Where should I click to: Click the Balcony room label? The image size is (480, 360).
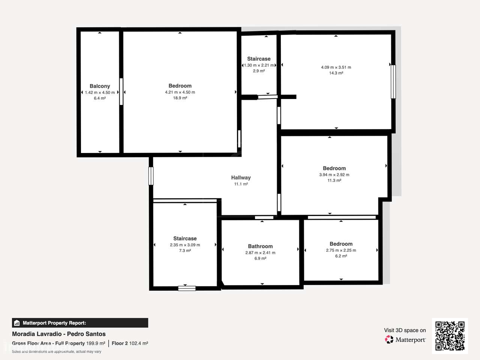click(100, 86)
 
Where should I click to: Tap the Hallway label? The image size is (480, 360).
click(241, 177)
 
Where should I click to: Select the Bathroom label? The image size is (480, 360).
click(260, 246)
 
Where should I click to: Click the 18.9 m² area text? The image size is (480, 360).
click(180, 98)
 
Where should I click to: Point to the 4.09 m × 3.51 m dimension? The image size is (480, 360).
click(336, 67)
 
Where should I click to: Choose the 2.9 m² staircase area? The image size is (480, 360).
click(259, 71)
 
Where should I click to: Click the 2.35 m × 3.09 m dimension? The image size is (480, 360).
click(185, 245)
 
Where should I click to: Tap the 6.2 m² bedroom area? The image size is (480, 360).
click(341, 256)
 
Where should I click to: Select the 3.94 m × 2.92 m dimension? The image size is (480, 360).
click(334, 175)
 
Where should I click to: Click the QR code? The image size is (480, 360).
click(450, 336)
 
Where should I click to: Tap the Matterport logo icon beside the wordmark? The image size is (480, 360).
click(389, 339)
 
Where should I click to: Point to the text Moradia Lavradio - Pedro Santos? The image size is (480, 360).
click(59, 334)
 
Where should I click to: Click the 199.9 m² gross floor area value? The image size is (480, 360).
click(96, 343)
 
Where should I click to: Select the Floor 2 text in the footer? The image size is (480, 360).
click(120, 343)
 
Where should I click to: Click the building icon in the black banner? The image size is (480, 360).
click(17, 323)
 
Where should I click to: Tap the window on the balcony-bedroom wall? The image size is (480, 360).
click(121, 91)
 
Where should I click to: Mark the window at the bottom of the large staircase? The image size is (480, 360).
click(187, 288)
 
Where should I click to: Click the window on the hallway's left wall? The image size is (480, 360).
click(151, 176)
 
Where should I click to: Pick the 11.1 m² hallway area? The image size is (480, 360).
click(241, 184)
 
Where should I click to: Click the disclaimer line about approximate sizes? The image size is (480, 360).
click(57, 351)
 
